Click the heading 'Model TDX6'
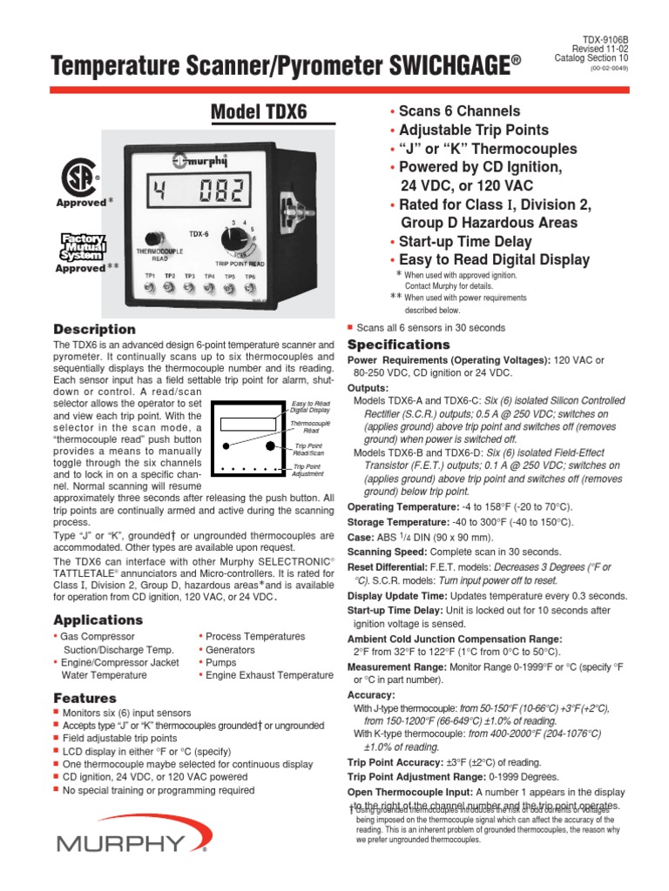tap(260, 112)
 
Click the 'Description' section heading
tap(94, 330)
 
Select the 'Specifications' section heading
tap(398, 345)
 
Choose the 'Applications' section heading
tap(98, 620)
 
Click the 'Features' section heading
tap(84, 698)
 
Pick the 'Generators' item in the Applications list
tap(231, 650)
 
